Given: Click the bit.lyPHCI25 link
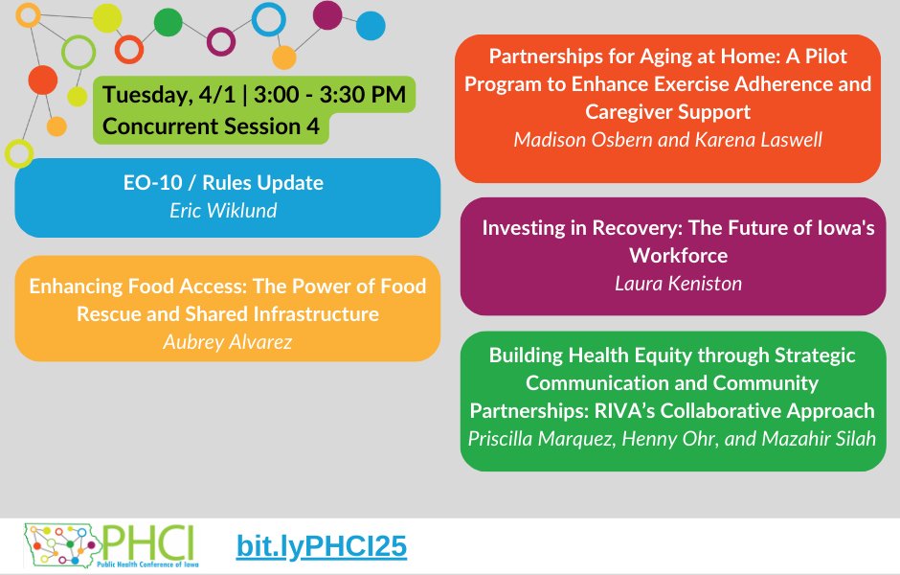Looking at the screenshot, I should [x=322, y=546].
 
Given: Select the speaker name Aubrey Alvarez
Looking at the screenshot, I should [x=228, y=341].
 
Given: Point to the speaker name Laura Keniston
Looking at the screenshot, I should [x=678, y=283].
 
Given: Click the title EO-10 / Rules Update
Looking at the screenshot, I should [x=228, y=183].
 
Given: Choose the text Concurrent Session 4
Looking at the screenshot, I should [x=211, y=126].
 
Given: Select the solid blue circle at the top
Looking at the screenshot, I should [x=370, y=25].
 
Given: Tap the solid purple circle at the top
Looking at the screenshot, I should [x=327, y=14].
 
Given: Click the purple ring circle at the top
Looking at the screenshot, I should [x=221, y=41].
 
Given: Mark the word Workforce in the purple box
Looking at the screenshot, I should [x=678, y=256].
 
